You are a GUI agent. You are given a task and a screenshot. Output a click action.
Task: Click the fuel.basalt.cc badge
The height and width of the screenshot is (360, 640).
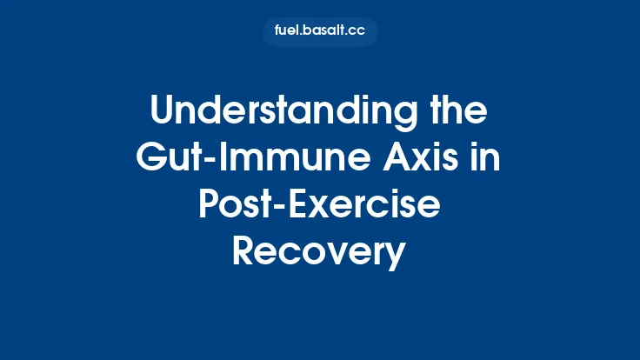(320, 32)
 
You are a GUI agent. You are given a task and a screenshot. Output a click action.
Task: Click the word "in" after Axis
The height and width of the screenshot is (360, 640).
(488, 160)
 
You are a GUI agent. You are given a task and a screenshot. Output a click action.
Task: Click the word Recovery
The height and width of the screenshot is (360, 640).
(320, 254)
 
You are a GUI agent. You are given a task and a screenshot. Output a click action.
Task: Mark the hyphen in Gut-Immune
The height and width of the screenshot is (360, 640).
(213, 163)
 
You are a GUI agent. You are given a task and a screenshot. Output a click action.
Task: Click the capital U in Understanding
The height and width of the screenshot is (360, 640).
(163, 113)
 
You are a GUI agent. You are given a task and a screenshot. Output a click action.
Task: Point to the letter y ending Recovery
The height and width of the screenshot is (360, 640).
(396, 257)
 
